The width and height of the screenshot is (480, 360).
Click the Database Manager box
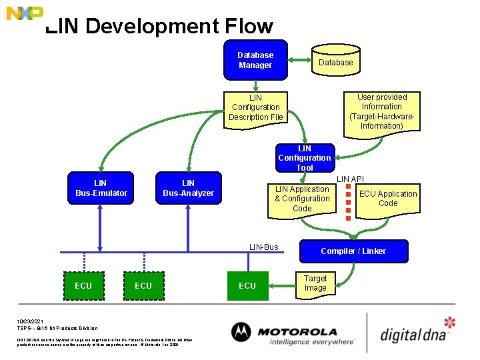click(255, 60)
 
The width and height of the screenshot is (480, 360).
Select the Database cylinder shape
click(335, 62)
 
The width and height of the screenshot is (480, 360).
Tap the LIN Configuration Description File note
click(256, 107)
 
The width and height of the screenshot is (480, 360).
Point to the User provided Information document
click(382, 111)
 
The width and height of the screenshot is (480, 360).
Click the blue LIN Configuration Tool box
click(304, 158)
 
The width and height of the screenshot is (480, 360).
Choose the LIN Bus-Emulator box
click(101, 188)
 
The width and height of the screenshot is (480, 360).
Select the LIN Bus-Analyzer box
click(189, 188)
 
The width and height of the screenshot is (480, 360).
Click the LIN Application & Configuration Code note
click(302, 199)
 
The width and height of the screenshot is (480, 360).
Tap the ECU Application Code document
click(387, 199)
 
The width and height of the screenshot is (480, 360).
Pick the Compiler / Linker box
click(353, 251)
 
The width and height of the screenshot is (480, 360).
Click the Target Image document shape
click(315, 283)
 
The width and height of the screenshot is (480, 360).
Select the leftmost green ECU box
click(83, 285)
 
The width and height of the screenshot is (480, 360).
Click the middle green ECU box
click(143, 285)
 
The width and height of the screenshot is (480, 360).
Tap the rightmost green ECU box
click(247, 285)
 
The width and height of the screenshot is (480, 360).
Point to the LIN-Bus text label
click(263, 247)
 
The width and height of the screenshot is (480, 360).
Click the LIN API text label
click(350, 179)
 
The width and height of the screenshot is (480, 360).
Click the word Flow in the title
click(249, 27)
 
